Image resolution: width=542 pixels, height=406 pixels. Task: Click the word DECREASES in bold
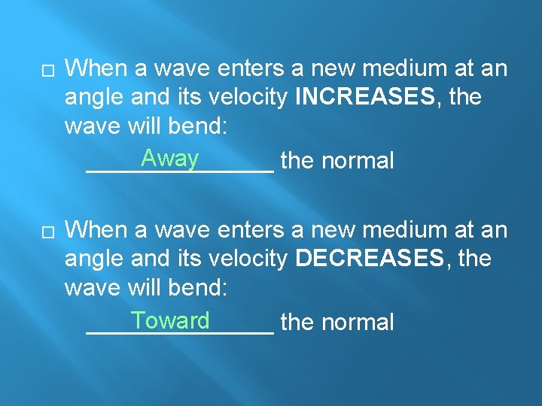[x=370, y=259]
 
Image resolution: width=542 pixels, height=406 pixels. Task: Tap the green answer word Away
[x=169, y=159]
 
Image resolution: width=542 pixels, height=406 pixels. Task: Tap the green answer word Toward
[x=170, y=320]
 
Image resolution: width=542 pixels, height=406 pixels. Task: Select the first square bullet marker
[x=48, y=69]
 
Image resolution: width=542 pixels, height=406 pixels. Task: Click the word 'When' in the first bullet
[x=96, y=68]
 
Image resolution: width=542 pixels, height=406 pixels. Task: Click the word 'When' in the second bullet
[x=96, y=230]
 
